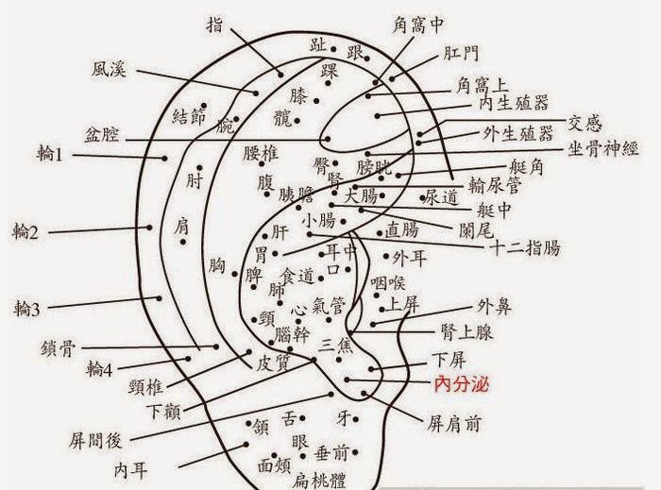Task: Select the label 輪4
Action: pos(99,367)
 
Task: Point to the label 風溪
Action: pos(110,69)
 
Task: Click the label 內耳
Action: pos(133,468)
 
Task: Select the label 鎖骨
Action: pos(59,346)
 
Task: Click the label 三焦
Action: pos(337,343)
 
